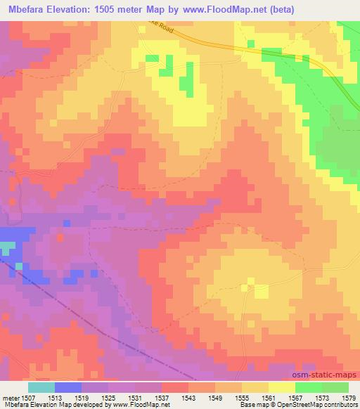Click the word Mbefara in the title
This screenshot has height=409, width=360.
tap(28, 9)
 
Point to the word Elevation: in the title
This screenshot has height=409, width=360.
tap(79, 9)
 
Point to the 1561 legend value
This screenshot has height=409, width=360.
tap(269, 397)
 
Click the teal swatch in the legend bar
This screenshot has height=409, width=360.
tap(41, 387)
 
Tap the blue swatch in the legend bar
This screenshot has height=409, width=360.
tap(68, 387)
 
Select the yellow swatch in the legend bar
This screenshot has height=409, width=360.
tap(282, 387)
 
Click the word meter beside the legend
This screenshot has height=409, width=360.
tap(10, 397)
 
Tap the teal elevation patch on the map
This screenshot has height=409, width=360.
tap(6, 248)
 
